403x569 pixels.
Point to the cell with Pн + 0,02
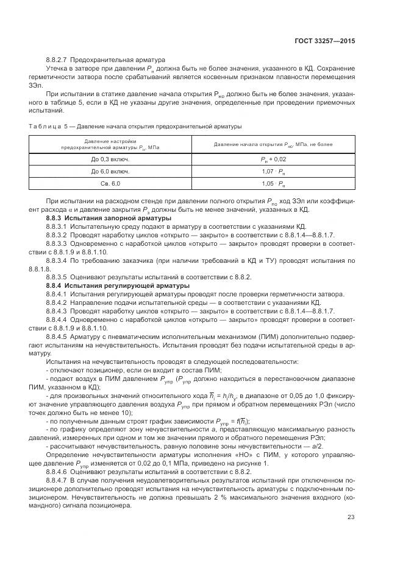click(273, 159)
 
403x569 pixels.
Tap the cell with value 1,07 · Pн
click(273, 171)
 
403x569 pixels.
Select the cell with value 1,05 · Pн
click(273, 183)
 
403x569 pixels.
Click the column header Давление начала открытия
click(273, 144)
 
